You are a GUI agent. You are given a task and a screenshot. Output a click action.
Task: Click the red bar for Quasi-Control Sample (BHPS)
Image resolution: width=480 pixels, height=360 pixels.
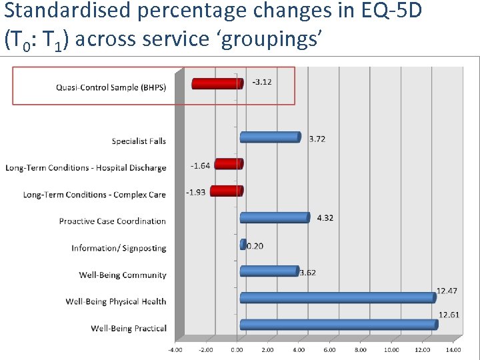tap(217, 83)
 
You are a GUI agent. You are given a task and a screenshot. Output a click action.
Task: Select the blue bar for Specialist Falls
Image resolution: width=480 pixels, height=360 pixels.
tap(270, 137)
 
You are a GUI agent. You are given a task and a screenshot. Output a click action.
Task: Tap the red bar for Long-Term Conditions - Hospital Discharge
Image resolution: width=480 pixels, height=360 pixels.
tap(229, 164)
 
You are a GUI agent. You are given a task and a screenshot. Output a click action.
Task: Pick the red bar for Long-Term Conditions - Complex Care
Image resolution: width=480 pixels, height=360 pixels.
tap(227, 191)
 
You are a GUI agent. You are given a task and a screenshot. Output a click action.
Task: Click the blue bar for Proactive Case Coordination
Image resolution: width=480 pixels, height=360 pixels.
tap(275, 217)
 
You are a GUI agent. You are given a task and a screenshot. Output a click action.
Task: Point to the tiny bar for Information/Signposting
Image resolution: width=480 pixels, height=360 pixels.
tap(243, 245)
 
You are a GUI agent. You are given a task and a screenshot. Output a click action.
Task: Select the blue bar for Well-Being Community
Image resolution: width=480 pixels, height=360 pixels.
tap(269, 271)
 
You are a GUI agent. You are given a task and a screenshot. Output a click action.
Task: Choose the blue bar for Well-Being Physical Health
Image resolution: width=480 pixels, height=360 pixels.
tap(337, 297)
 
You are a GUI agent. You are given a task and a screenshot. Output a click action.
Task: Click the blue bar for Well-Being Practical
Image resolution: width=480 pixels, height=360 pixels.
tap(339, 325)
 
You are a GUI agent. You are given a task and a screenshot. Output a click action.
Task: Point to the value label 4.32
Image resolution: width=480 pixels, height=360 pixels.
tap(325, 218)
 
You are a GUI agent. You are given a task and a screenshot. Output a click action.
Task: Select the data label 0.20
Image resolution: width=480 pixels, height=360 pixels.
tap(255, 246)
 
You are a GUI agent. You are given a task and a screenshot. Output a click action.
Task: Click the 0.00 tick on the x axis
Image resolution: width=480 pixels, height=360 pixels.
tap(237, 349)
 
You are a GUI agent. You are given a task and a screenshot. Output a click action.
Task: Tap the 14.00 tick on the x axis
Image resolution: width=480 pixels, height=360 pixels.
tap(453, 349)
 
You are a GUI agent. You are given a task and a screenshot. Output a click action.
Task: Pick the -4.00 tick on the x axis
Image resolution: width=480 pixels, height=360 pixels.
tap(175, 349)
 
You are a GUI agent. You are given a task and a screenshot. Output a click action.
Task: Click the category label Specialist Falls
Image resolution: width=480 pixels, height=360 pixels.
tap(139, 141)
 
